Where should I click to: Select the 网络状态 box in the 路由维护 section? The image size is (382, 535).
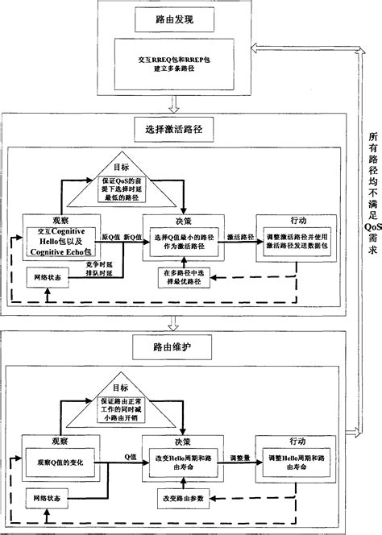44,500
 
